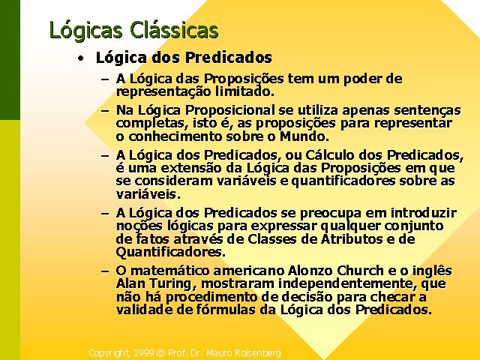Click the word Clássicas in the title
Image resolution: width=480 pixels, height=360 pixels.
[x=174, y=30]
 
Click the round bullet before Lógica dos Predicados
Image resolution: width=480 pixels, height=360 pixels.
[x=80, y=58]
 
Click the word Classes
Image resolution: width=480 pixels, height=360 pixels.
[x=272, y=239]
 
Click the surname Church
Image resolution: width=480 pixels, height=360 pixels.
[x=360, y=271]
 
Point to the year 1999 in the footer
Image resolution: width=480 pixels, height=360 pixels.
[x=143, y=353]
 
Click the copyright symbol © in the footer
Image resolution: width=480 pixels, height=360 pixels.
[x=160, y=353]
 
